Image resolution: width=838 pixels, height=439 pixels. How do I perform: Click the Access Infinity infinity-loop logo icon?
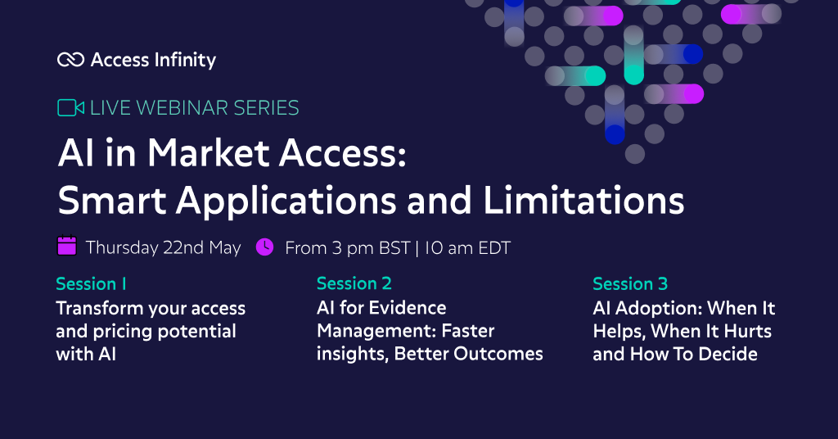click(x=71, y=60)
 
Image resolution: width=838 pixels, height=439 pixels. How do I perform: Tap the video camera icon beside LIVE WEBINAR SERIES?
click(x=70, y=107)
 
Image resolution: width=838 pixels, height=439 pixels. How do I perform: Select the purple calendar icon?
click(x=66, y=246)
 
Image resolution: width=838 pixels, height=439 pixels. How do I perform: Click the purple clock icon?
click(x=264, y=247)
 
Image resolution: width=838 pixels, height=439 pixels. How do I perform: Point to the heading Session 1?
click(x=91, y=284)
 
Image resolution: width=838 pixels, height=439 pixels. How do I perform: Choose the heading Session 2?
click(x=354, y=284)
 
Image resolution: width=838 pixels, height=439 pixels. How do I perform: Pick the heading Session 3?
click(x=630, y=284)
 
